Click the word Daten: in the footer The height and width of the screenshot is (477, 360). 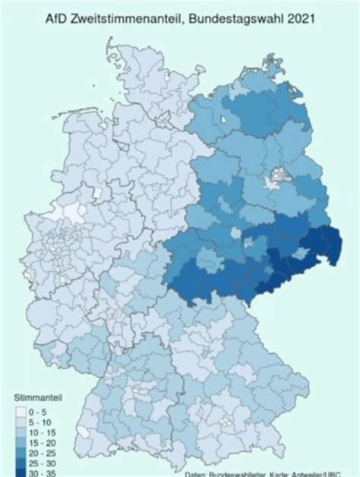pyautogui.click(x=196, y=473)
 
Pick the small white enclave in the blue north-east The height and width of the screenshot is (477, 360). pyautogui.click(x=223, y=120)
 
